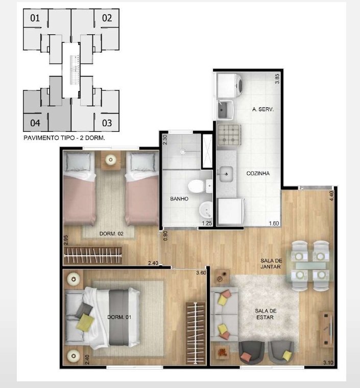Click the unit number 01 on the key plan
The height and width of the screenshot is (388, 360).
tap(35, 18)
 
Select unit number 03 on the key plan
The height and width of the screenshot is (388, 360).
tap(107, 123)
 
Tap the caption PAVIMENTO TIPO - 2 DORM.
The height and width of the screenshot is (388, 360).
tap(64, 138)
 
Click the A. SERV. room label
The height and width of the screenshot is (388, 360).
tap(263, 109)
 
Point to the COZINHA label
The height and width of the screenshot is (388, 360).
tap(258, 173)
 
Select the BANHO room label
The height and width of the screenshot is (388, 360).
tap(179, 199)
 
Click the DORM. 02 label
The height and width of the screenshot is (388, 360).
tap(111, 233)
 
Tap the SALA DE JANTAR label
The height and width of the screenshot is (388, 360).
tap(271, 264)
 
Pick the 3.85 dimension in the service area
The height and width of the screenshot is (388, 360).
tap(277, 79)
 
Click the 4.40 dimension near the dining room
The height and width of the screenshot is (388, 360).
tap(331, 195)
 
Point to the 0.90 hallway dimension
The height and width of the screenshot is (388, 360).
tap(165, 236)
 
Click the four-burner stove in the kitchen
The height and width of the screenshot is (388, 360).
tap(229, 135)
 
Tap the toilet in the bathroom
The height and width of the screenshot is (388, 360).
tap(196, 187)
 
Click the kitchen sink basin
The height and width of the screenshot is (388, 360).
tap(226, 174)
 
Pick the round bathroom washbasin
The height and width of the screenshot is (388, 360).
tap(206, 210)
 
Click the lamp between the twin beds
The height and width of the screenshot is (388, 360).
tap(110, 159)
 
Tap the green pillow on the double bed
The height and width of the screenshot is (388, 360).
tap(85, 322)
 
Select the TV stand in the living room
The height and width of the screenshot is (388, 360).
tap(326, 329)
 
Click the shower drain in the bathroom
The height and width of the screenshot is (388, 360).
tap(182, 151)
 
